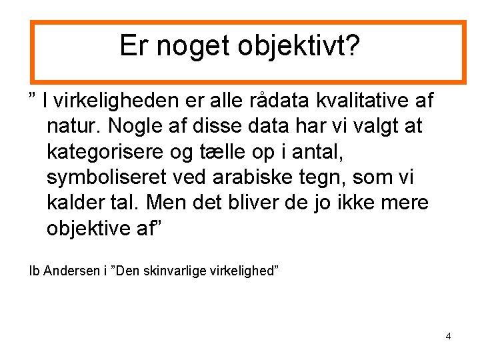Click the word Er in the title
(x=132, y=45)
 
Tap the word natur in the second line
(x=71, y=127)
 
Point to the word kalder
(x=74, y=203)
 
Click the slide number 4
(x=448, y=336)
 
